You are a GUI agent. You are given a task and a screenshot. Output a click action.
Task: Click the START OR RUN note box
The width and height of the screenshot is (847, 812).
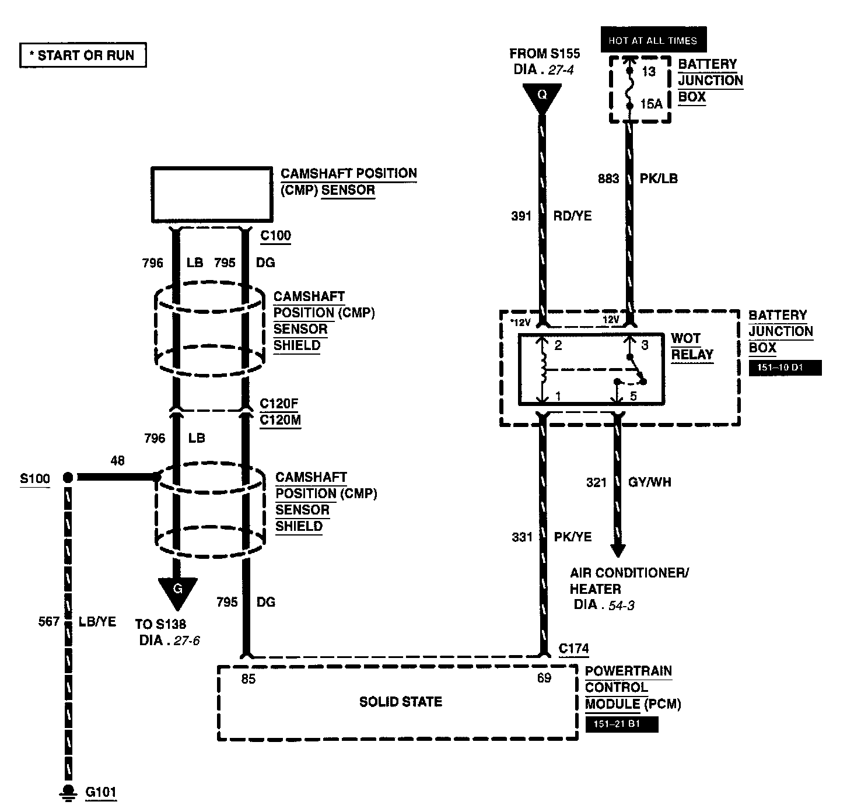(x=83, y=55)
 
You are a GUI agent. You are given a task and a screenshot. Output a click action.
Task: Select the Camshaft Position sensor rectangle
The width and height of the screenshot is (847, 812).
(x=212, y=194)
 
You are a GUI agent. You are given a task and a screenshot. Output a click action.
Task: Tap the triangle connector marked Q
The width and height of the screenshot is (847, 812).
(x=542, y=97)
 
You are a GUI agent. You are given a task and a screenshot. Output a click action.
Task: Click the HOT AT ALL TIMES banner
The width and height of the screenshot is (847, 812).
(x=653, y=40)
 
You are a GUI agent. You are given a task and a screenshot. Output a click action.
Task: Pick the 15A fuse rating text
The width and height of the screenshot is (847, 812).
(x=652, y=104)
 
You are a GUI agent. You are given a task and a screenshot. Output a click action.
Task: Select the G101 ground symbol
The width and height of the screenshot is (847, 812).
(x=68, y=792)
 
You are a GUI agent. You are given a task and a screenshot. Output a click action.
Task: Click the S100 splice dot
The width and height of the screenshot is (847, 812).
(x=68, y=478)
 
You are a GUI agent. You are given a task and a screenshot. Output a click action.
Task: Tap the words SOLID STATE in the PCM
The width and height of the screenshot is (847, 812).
(x=401, y=702)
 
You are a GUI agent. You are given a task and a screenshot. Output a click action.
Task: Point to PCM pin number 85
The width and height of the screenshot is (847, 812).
(x=249, y=679)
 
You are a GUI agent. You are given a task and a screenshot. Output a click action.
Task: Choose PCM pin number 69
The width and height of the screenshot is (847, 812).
(x=544, y=678)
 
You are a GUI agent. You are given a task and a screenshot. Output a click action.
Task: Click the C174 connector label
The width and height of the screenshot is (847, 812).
(x=573, y=648)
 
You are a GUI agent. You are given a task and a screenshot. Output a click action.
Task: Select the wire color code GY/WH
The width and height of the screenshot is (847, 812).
(x=649, y=482)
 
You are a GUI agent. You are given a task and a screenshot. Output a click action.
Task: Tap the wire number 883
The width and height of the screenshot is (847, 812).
(x=608, y=178)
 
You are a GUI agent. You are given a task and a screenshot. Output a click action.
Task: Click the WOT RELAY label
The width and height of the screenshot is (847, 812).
(x=692, y=346)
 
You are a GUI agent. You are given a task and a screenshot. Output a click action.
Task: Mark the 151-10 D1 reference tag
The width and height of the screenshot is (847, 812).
(x=785, y=368)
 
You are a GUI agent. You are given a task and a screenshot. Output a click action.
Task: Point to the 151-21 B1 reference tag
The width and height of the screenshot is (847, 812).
(x=621, y=724)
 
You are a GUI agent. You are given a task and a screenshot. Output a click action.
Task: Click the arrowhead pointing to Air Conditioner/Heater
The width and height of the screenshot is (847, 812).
(x=618, y=550)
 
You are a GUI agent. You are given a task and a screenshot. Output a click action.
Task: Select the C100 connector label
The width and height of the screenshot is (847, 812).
(x=275, y=236)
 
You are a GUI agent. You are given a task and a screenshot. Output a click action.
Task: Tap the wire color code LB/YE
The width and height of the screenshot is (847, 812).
(x=97, y=622)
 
